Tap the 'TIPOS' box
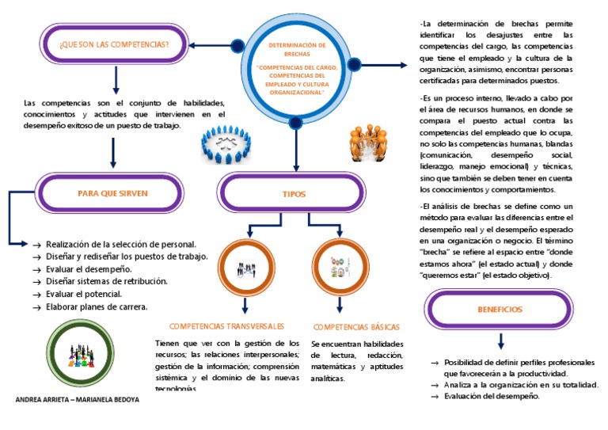coord(294,193)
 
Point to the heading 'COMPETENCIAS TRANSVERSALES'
coord(227,326)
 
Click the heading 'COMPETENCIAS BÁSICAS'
coord(356,327)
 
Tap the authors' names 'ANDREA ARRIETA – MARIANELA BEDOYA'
coord(78,399)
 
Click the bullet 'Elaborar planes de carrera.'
coord(97,306)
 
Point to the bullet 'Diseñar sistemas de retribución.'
coord(107,281)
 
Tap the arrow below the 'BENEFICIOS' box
coord(500,341)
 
